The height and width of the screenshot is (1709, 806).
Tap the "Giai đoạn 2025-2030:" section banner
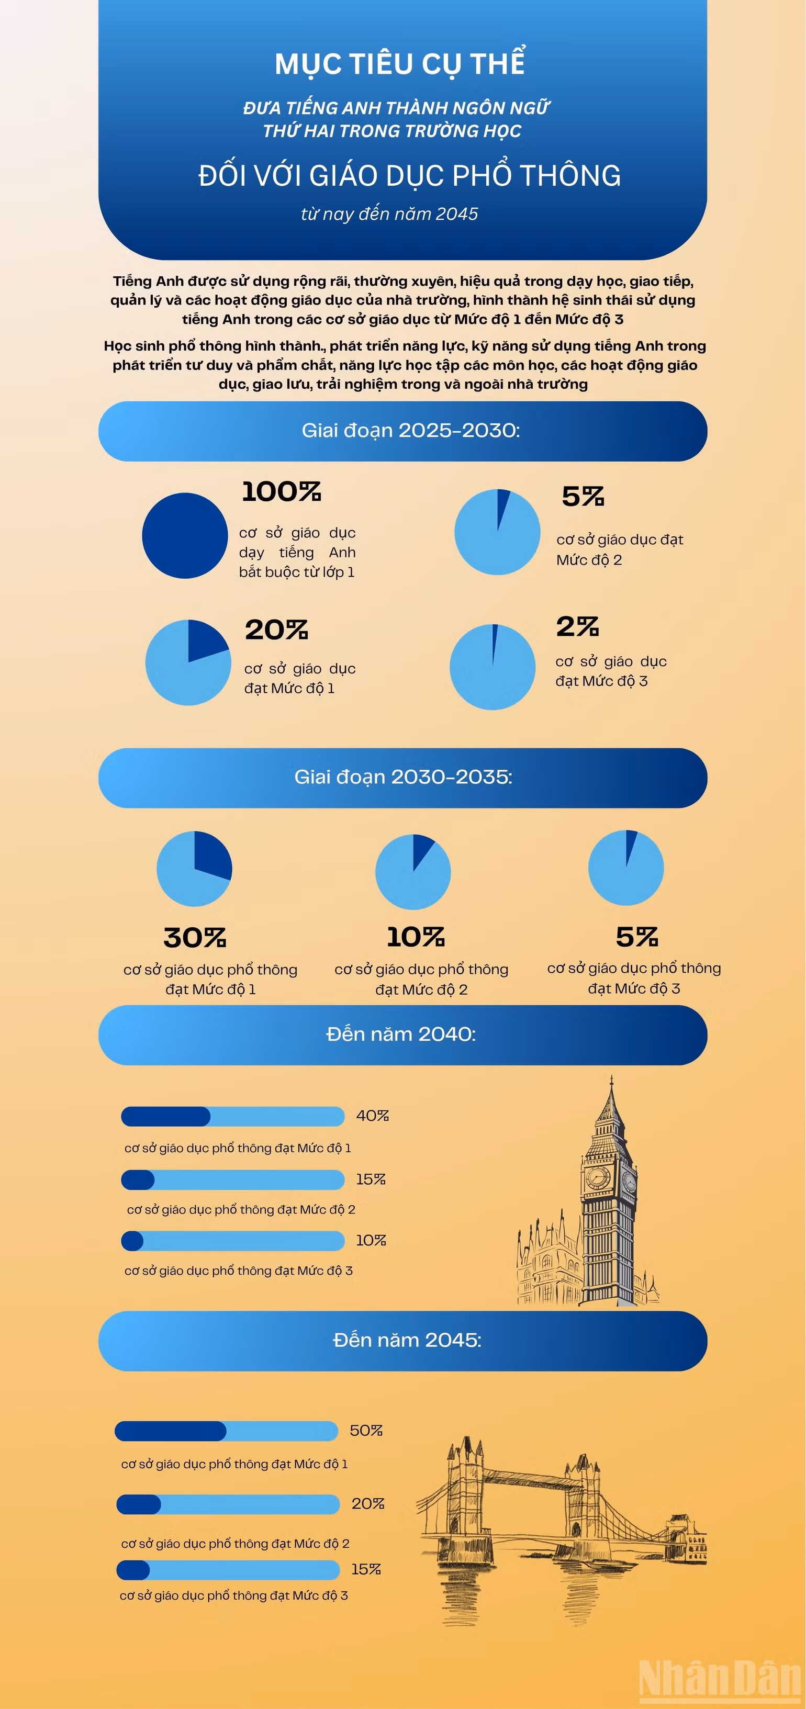(402, 431)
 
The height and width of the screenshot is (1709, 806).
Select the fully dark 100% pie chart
(185, 535)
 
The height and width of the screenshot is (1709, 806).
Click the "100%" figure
(281, 491)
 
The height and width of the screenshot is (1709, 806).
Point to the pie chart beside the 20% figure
(188, 662)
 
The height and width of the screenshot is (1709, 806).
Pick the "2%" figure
(577, 626)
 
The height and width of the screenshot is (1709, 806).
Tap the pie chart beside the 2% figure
(492, 667)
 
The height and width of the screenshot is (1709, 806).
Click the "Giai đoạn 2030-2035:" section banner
(402, 778)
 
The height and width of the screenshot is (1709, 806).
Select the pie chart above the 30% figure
(194, 869)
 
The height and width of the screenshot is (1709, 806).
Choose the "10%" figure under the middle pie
(416, 937)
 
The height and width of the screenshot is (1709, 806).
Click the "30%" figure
(195, 937)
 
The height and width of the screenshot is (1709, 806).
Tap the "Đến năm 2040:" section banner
(402, 1035)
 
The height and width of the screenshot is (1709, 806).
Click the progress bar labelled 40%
(233, 1117)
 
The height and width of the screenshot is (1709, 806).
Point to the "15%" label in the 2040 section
(371, 1179)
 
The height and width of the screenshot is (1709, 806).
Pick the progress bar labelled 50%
(226, 1431)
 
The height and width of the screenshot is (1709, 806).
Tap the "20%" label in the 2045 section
(368, 1504)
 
